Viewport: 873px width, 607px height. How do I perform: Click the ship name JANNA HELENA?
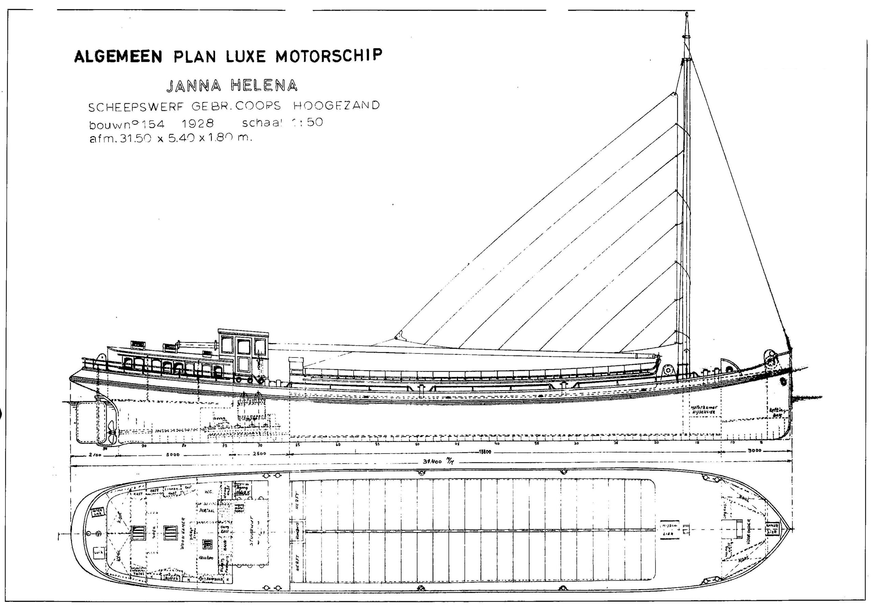click(232, 86)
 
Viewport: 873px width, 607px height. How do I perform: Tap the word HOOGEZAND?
click(336, 105)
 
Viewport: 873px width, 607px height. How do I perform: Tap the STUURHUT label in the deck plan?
click(251, 537)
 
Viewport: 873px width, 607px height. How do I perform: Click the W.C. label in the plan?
click(208, 491)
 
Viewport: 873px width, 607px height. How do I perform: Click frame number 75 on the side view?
click(225, 445)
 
